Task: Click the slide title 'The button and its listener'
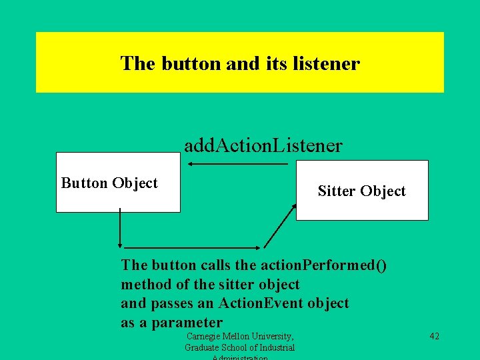[x=240, y=64]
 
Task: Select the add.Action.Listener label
[x=263, y=145]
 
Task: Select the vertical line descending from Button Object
[x=119, y=227]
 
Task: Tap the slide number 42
[x=434, y=337]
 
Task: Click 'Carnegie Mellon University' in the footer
[x=240, y=337]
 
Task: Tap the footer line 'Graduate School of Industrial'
[x=240, y=347]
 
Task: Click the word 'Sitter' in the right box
[x=337, y=191]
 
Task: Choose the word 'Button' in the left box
[x=85, y=183]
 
